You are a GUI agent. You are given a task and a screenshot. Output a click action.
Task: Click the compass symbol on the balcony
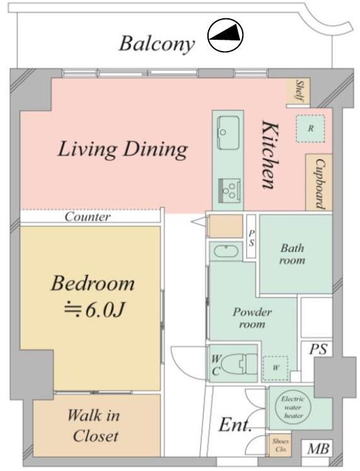click(225, 35)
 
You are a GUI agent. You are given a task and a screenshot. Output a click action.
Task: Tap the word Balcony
click(157, 44)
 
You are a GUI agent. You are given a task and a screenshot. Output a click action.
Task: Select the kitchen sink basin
click(228, 132)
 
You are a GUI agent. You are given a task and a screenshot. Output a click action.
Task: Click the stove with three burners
click(229, 189)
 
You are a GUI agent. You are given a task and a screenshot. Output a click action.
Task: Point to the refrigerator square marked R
click(310, 129)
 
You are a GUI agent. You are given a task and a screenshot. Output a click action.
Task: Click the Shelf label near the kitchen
click(299, 90)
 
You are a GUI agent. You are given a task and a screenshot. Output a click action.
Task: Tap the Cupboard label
click(320, 183)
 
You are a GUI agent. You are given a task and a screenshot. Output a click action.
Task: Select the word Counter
click(88, 216)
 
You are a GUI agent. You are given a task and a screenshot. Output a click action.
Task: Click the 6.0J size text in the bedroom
click(94, 310)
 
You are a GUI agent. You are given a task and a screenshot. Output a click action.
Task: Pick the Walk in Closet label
click(95, 426)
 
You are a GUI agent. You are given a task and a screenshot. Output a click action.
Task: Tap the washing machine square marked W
click(276, 368)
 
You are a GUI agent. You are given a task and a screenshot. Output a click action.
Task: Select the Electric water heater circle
click(293, 407)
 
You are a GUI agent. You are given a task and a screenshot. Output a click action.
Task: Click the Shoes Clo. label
click(281, 445)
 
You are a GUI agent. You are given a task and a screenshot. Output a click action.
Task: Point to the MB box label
click(318, 449)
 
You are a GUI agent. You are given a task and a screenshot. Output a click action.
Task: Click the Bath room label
click(293, 254)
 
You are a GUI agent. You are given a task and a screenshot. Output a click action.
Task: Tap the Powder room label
click(252, 318)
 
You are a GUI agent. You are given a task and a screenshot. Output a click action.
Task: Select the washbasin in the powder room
click(226, 251)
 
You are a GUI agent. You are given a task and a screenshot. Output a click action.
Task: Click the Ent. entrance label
click(235, 425)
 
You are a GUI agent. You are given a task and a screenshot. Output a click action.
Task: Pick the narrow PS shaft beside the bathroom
click(252, 236)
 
